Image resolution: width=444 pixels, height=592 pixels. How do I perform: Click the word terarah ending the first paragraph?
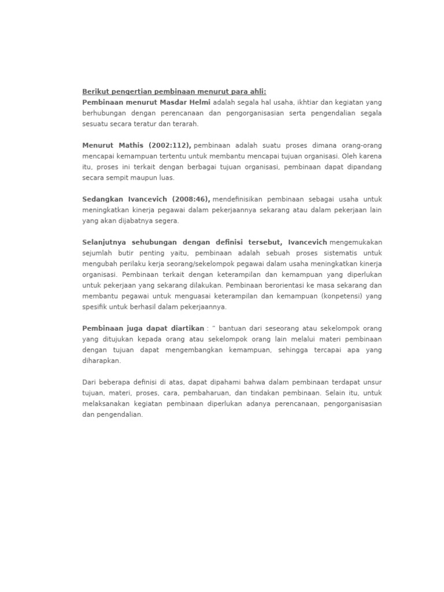click(184, 124)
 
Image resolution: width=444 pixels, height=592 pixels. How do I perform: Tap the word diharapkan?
click(101, 361)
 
